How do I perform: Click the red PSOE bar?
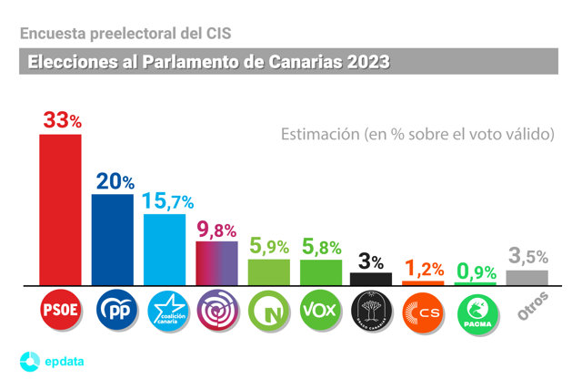tap(60, 210)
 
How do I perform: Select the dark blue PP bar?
tap(113, 239)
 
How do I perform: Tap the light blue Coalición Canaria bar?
tap(165, 249)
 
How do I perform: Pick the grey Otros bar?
tap(527, 277)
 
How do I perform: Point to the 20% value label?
tap(115, 181)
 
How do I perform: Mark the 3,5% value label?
tap(527, 258)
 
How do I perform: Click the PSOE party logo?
tap(60, 311)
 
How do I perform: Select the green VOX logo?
tap(319, 311)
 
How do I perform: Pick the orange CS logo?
tap(423, 311)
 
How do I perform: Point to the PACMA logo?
tap(476, 311)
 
